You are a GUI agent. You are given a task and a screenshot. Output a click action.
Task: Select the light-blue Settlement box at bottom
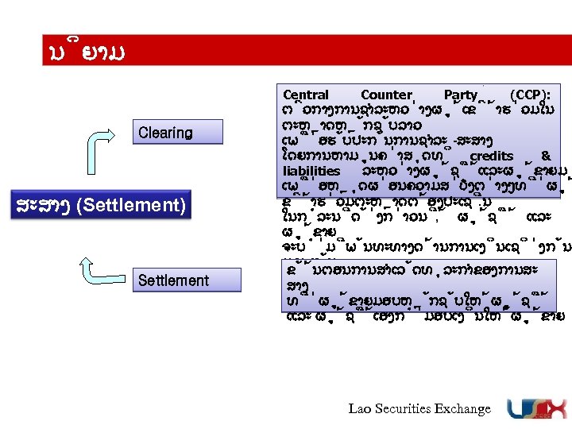coord(173,280)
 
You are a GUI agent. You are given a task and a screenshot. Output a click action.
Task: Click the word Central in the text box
coord(305,95)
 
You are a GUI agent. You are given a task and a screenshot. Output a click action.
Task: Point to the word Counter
coord(386,95)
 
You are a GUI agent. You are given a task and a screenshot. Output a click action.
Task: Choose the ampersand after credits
coord(546,157)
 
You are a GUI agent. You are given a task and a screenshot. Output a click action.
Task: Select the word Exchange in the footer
coord(465,408)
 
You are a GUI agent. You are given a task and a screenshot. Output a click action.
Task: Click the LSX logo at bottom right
coord(534,408)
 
